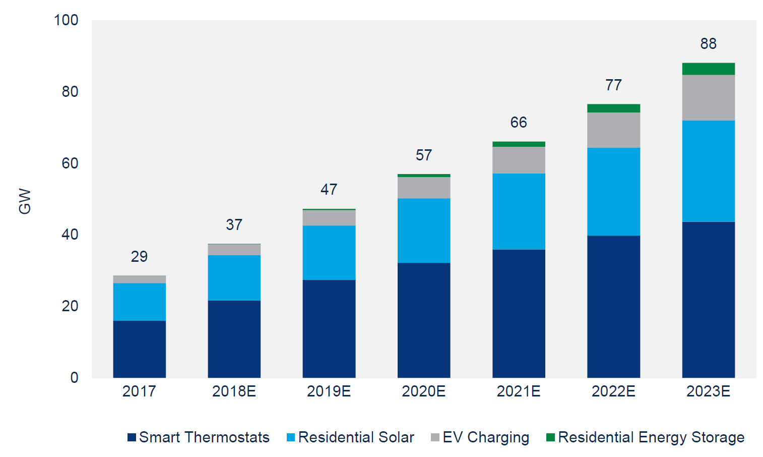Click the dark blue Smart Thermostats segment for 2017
[x=139, y=349]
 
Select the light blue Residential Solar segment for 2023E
[x=708, y=171]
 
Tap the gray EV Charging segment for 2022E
[x=613, y=130]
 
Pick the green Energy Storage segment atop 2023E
[x=708, y=69]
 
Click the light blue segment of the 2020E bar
[x=423, y=231]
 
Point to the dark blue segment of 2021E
[x=519, y=313]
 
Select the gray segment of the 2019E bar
[x=329, y=218]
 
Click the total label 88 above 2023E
[x=708, y=44]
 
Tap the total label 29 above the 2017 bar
[x=139, y=257]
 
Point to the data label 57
[x=423, y=155]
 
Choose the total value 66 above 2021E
[x=519, y=123]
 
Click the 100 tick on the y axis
[x=66, y=20]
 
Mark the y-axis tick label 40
[x=70, y=235]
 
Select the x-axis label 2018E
[x=234, y=391]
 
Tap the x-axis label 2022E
[x=613, y=391]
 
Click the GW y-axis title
[x=25, y=201]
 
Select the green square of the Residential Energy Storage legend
[x=550, y=437]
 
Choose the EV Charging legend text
[x=486, y=437]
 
